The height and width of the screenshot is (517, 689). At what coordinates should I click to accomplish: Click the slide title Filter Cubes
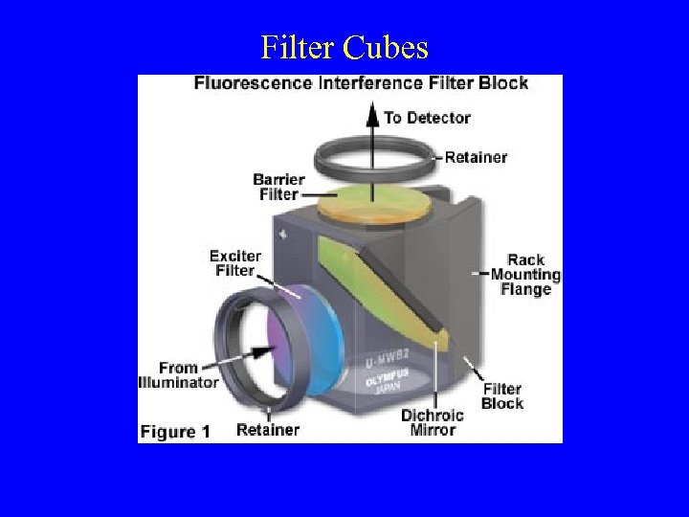344,47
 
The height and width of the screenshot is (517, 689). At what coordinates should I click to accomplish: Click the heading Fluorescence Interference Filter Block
361,83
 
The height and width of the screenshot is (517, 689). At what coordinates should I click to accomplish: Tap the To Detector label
427,118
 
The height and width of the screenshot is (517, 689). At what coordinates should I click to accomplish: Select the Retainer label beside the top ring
477,157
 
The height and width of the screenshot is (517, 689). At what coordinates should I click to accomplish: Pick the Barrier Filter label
278,187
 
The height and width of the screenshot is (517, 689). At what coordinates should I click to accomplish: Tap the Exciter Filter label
233,263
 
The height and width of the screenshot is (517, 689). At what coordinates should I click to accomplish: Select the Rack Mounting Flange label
525,275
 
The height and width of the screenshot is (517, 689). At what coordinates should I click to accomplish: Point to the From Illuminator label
179,375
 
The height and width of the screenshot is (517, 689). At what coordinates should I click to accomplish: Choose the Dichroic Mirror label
432,422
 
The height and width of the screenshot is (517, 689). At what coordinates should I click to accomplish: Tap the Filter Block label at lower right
502,396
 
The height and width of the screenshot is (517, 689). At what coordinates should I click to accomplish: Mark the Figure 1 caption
175,432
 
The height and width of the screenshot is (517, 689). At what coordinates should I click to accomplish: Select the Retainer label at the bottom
267,430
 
